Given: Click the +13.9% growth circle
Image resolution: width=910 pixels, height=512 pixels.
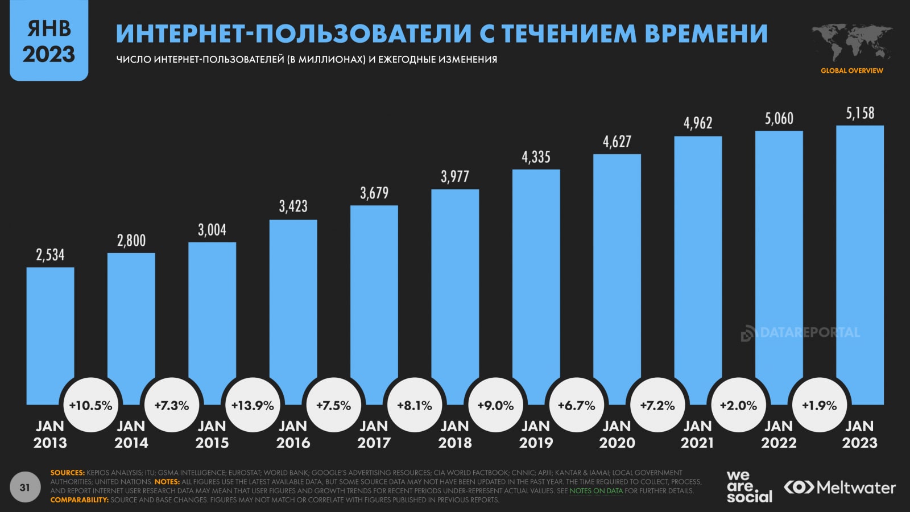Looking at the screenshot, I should [x=253, y=406].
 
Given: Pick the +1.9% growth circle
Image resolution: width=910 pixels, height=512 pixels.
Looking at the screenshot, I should [x=819, y=406].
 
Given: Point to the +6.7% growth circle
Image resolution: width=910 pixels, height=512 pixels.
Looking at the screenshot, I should [x=576, y=406].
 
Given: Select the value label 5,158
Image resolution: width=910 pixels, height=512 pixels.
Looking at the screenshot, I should [x=860, y=113].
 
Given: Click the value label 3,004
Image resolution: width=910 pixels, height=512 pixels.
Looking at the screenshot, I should [x=212, y=230].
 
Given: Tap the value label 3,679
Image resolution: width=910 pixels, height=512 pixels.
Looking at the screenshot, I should [x=374, y=193].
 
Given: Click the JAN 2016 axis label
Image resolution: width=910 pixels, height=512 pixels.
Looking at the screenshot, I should [x=293, y=434].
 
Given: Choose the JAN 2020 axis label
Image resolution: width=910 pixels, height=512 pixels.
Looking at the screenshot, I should [x=617, y=434].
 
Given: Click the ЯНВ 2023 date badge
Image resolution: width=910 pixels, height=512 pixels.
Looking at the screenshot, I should [x=49, y=41].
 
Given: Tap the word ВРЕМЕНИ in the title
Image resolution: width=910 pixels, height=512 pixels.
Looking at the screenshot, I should [x=706, y=34].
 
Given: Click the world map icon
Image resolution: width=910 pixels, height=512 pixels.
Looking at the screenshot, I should [x=851, y=43].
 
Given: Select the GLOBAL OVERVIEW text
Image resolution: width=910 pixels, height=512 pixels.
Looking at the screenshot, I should [x=851, y=71].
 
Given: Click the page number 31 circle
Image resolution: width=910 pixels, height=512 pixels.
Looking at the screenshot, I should [x=24, y=488].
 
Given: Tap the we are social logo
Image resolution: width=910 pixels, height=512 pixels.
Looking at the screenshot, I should [x=748, y=487].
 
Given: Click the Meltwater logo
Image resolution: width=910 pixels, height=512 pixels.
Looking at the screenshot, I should [x=839, y=488].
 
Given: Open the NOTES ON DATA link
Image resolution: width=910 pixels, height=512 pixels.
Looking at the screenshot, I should [x=595, y=490].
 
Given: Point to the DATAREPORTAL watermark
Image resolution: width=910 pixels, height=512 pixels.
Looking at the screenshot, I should [x=801, y=333].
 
